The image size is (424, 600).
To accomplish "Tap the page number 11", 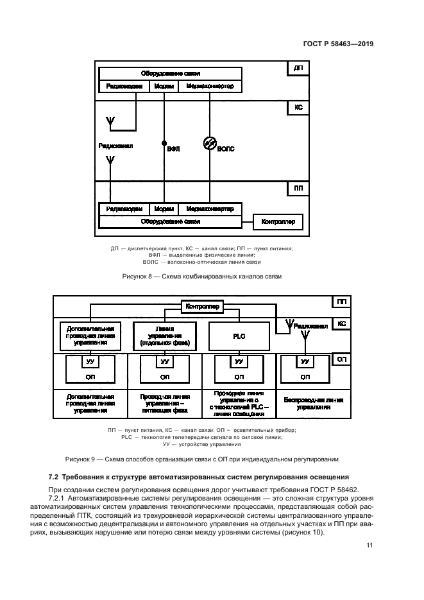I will pos(369,545).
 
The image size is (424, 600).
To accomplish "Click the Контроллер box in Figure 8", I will pos(278,223).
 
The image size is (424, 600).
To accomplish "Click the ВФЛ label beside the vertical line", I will pos(173,149).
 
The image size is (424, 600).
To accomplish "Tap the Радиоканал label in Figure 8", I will pos(115,146).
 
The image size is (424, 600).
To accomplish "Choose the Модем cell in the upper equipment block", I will pos(164,85).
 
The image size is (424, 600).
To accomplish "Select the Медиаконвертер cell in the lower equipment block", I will pos(210,209).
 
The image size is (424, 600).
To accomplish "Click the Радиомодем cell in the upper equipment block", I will pos(124,85).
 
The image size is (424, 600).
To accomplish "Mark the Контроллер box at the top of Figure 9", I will pos(202,307).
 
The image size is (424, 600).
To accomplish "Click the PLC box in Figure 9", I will pos(239,336).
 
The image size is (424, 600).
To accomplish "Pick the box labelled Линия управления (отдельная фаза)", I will pos(165,336).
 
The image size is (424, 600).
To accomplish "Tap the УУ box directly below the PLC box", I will pos(239,362).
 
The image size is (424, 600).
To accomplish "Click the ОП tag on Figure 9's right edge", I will pos(341,361).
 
